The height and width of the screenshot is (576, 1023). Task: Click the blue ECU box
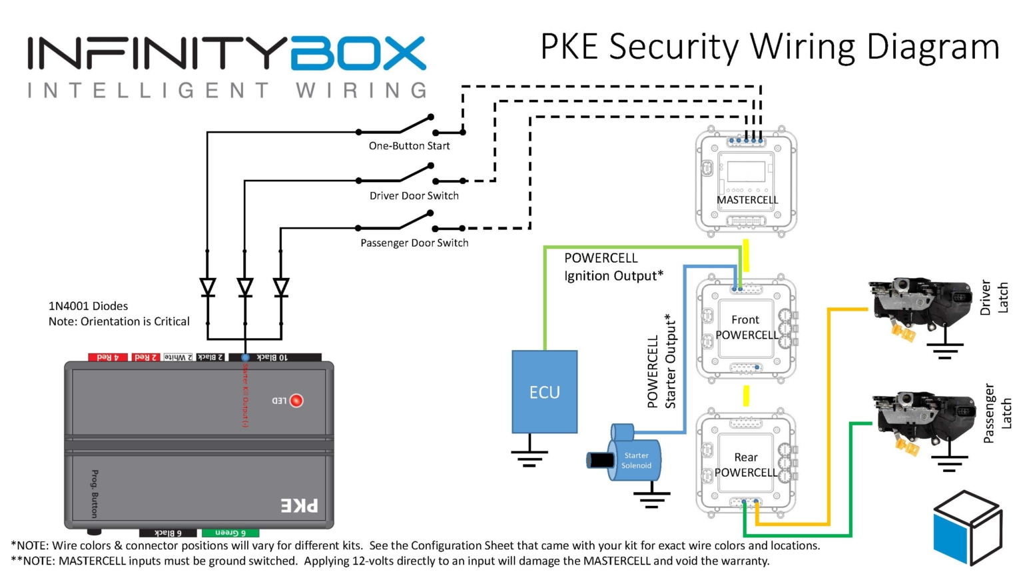pos(544,392)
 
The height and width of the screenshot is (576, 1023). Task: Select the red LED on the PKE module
pos(296,400)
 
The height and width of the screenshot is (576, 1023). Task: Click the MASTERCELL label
pos(747,200)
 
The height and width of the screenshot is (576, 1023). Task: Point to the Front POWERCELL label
pos(745,327)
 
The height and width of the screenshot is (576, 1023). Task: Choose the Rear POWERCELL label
pos(745,465)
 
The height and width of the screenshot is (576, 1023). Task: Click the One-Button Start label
pos(409,146)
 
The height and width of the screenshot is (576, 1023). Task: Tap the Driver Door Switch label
pos(414,196)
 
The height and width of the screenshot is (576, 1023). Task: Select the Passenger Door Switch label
pos(414,243)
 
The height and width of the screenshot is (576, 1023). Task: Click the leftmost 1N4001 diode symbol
pos(208,287)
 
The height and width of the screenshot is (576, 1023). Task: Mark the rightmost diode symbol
pos(281,287)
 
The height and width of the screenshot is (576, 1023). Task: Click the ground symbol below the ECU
pos(529,457)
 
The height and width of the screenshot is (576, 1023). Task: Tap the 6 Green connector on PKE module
pos(230,533)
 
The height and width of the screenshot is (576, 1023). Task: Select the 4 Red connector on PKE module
pos(107,357)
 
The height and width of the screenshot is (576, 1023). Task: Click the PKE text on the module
pos(299,505)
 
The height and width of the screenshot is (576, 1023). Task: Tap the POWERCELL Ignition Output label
pos(613,267)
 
